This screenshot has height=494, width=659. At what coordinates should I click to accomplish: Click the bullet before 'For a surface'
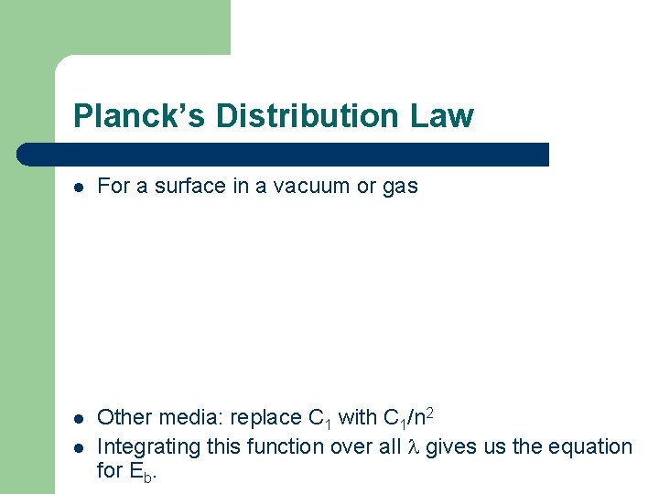point(80,187)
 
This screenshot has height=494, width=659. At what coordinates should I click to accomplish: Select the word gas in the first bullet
point(400,187)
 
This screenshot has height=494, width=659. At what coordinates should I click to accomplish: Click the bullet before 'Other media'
point(80,418)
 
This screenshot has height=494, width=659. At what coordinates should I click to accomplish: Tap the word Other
point(121,418)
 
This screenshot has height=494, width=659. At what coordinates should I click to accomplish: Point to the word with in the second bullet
point(357,418)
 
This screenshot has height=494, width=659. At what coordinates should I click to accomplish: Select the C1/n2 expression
point(407,418)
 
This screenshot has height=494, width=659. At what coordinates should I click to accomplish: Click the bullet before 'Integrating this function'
point(80,447)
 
